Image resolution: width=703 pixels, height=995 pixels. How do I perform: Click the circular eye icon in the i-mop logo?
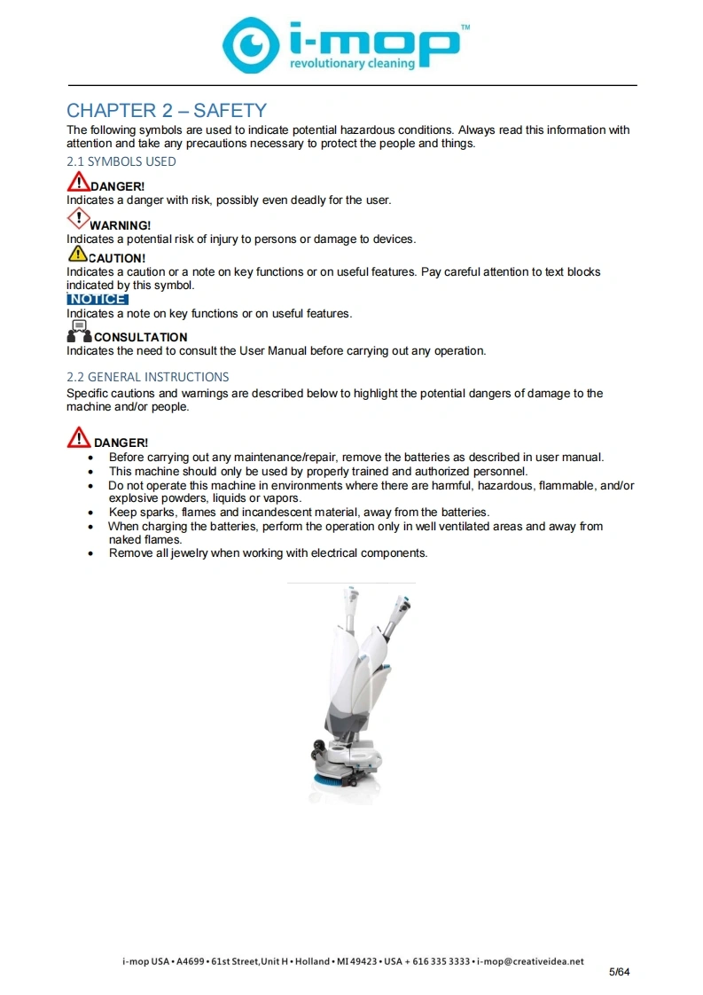pyautogui.click(x=251, y=45)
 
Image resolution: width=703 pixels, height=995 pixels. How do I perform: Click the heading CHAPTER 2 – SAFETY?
pyautogui.click(x=167, y=111)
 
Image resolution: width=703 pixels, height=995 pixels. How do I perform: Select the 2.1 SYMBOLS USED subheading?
pyautogui.click(x=121, y=161)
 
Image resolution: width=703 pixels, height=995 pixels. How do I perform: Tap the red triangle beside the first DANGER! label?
pyautogui.click(x=79, y=182)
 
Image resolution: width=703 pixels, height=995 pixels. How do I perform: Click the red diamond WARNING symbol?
pyautogui.click(x=78, y=219)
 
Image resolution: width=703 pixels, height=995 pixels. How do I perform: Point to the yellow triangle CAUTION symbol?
pyautogui.click(x=77, y=254)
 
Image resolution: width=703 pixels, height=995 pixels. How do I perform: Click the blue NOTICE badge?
pyautogui.click(x=98, y=299)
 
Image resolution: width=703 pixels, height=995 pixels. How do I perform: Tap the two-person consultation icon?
pyautogui.click(x=79, y=332)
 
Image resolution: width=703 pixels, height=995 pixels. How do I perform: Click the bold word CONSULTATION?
pyautogui.click(x=141, y=337)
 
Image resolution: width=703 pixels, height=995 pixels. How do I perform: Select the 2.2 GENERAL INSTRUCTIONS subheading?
pyautogui.click(x=148, y=376)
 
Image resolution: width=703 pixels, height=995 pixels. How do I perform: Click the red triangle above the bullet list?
pyautogui.click(x=79, y=437)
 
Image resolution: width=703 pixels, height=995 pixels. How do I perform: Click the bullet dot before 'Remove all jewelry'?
pyautogui.click(x=90, y=554)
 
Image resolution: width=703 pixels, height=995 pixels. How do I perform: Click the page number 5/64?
pyautogui.click(x=620, y=972)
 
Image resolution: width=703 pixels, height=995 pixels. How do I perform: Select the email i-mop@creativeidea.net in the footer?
pyautogui.click(x=530, y=961)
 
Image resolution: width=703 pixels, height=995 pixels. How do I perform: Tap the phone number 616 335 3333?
pyautogui.click(x=441, y=961)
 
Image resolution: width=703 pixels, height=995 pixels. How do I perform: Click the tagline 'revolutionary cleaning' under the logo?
pyautogui.click(x=352, y=64)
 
